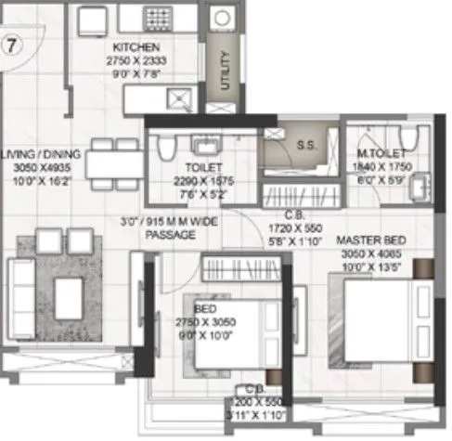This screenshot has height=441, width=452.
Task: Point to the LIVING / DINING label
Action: click(x=41, y=154)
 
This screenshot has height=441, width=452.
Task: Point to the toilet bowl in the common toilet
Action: click(x=166, y=147)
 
